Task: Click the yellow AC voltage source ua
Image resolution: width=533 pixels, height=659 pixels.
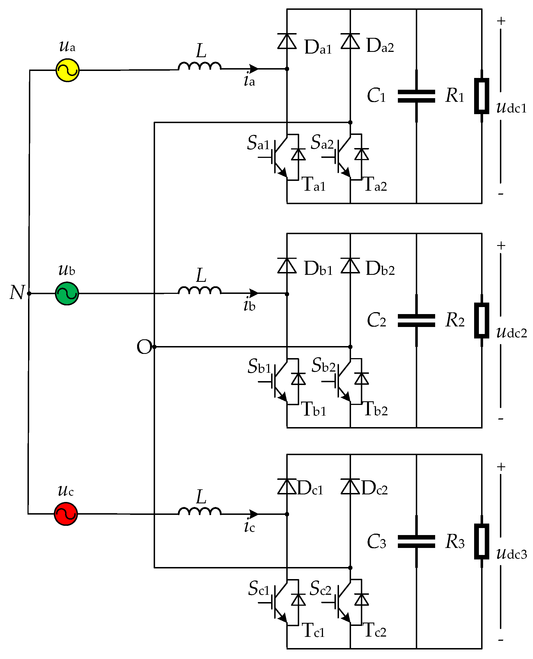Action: click(67, 70)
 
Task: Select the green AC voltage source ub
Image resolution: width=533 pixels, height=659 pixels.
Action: click(67, 294)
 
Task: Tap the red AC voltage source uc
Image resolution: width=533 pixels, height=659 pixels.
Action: click(66, 514)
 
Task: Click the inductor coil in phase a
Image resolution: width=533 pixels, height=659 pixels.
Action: click(200, 66)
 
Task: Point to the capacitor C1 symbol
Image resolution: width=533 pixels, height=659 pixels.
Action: click(416, 96)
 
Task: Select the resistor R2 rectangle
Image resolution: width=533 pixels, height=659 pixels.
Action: click(481, 320)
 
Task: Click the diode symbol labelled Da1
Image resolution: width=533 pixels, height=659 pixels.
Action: click(287, 42)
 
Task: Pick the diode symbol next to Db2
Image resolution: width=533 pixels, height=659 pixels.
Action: click(350, 266)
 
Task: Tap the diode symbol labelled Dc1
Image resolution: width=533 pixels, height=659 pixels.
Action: click(287, 487)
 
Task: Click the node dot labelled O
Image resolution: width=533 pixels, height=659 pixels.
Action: click(154, 347)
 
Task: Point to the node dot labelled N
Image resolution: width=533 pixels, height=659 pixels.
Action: click(29, 294)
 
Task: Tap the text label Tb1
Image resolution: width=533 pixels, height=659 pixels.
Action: click(314, 409)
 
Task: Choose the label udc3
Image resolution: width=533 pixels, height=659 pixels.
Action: click(511, 554)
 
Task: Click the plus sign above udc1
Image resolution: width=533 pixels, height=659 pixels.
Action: click(501, 21)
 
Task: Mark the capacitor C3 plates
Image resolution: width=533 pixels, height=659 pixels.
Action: click(416, 542)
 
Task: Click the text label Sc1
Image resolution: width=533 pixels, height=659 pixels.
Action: click(259, 589)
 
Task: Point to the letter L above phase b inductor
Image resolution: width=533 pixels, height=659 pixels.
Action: click(201, 275)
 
